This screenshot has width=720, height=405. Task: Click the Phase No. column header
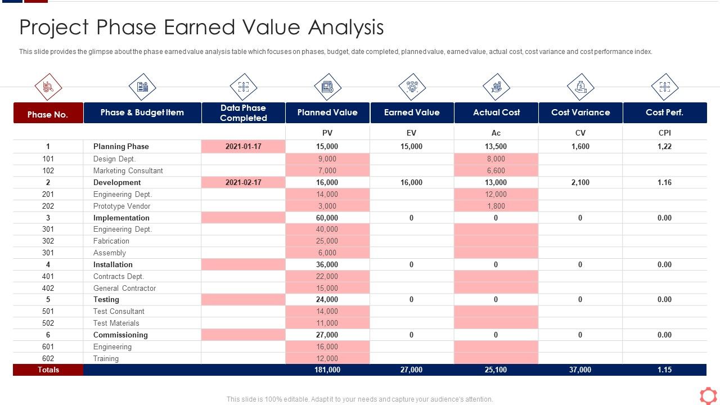click(x=48, y=114)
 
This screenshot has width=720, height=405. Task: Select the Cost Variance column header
click(x=580, y=112)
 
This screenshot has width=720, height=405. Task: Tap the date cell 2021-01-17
click(x=243, y=146)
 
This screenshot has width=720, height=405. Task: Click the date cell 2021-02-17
click(x=243, y=182)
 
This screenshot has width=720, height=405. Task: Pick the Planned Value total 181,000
click(x=327, y=370)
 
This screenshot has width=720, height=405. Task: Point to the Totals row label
click(x=48, y=370)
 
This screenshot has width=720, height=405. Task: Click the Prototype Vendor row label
click(x=121, y=206)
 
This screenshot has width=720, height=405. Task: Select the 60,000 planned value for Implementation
click(x=327, y=218)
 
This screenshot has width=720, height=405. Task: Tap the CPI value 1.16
click(x=664, y=182)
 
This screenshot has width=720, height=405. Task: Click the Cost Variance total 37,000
click(x=580, y=370)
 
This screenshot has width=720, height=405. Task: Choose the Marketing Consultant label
click(x=128, y=170)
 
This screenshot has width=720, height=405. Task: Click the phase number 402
click(x=48, y=288)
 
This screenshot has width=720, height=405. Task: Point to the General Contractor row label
click(x=124, y=288)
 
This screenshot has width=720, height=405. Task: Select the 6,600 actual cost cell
click(x=496, y=170)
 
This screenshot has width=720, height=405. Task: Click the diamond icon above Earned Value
click(x=412, y=87)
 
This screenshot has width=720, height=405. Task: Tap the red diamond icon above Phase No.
click(x=48, y=87)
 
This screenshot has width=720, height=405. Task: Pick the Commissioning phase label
click(x=120, y=335)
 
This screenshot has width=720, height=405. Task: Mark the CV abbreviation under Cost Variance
click(x=580, y=133)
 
